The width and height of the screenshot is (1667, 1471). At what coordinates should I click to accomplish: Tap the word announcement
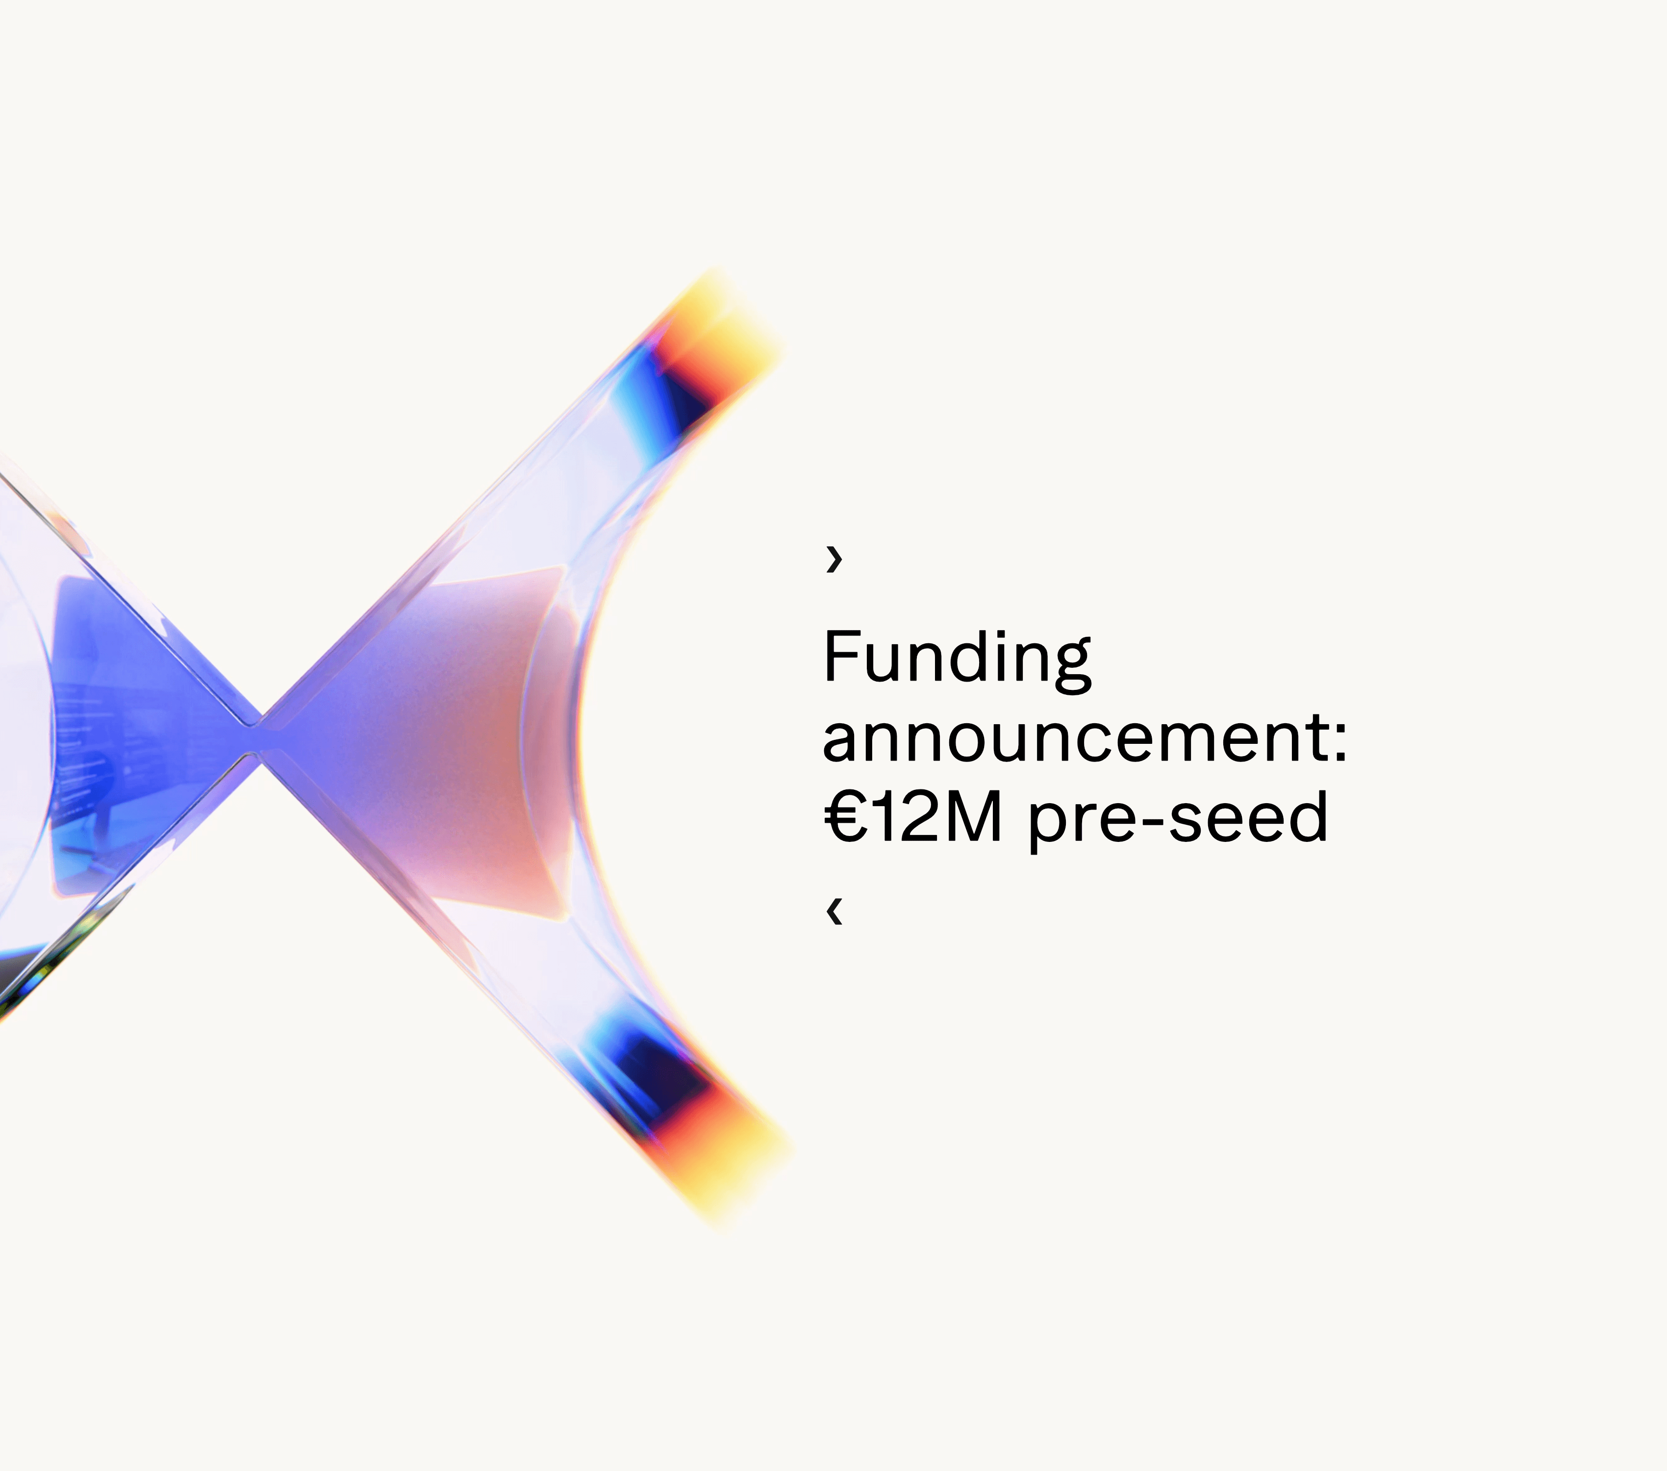coord(1074,739)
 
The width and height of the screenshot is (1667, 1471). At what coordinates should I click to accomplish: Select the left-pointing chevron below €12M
coord(833,912)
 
